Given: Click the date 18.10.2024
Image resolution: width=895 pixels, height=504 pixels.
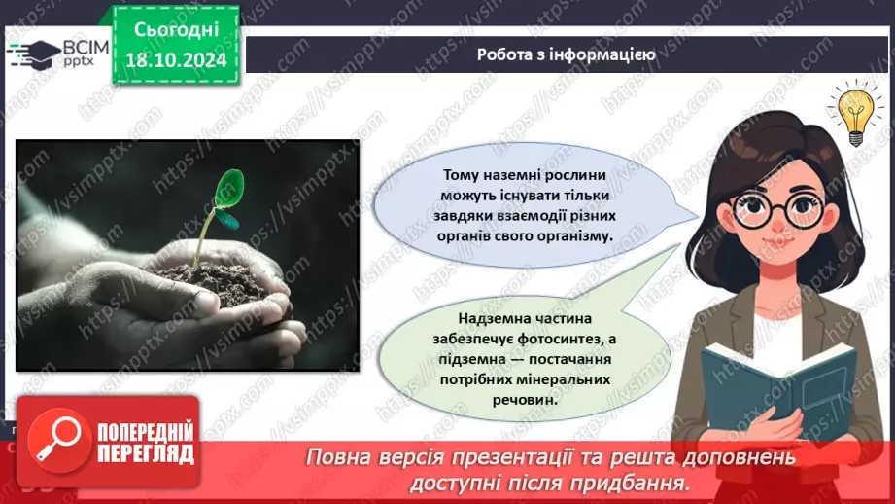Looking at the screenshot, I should pyautogui.click(x=176, y=60).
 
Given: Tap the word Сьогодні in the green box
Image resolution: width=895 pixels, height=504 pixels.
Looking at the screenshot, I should pyautogui.click(x=176, y=29).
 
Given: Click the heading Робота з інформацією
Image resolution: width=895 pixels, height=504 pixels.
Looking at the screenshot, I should pyautogui.click(x=566, y=54).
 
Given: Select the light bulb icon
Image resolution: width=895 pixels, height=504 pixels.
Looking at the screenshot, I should pyautogui.click(x=855, y=112).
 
